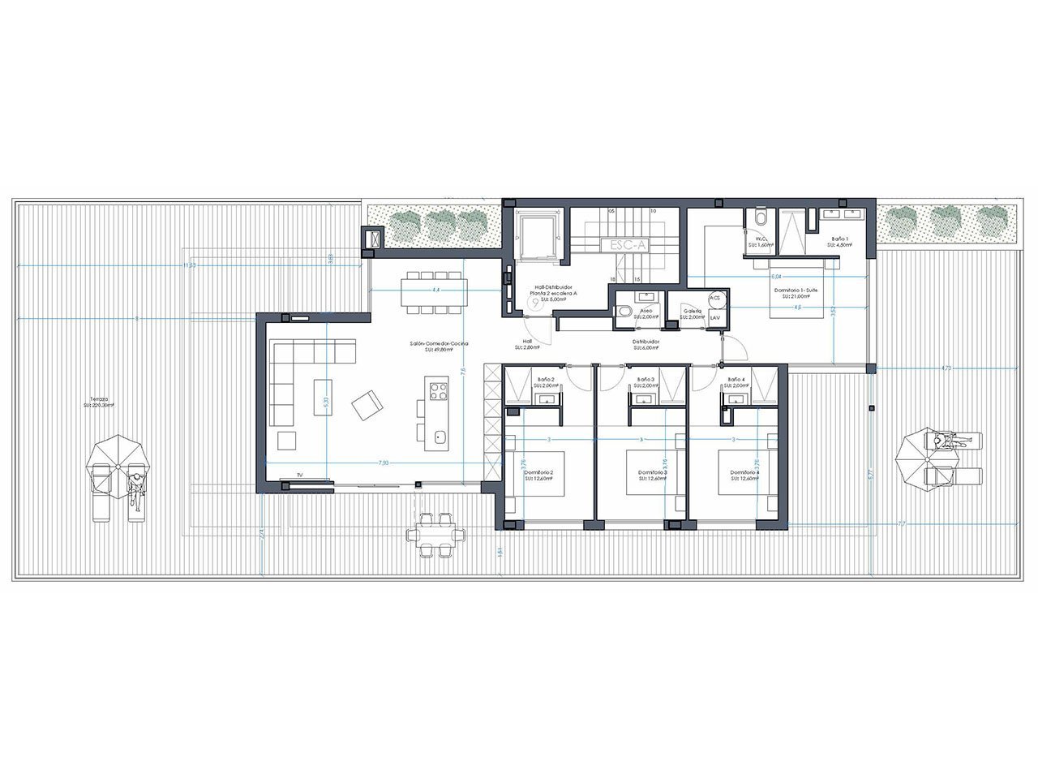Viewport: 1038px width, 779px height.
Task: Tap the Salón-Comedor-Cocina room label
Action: tap(439, 345)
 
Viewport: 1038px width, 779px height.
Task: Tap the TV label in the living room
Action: tap(299, 475)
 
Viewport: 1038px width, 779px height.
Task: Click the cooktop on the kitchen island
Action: tap(439, 392)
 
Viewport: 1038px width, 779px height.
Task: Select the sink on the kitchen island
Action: tap(439, 437)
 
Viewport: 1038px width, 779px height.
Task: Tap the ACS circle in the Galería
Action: tap(714, 298)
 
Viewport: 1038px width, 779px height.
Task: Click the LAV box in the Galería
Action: tap(714, 317)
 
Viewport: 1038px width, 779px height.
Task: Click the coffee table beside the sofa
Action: tap(323, 398)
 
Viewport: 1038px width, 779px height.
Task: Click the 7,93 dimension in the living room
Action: tap(384, 463)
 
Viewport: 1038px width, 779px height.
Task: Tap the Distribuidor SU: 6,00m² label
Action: tap(646, 345)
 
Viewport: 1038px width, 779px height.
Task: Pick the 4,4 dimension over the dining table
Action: tap(435, 289)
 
